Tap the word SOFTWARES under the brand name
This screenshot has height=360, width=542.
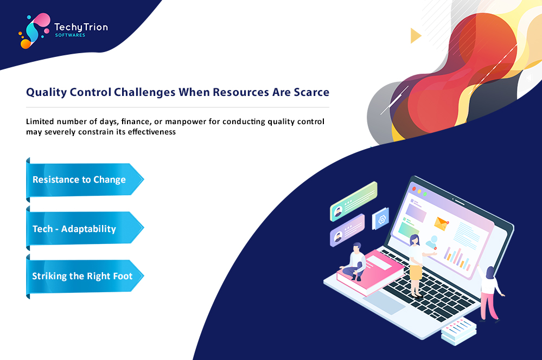(x=70, y=35)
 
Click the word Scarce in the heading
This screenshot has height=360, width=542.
(x=311, y=92)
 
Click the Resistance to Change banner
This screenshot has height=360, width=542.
(x=85, y=179)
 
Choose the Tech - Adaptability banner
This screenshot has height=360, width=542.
(x=85, y=228)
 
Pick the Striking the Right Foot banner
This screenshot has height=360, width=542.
(x=85, y=276)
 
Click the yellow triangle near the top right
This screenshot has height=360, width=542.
(x=416, y=36)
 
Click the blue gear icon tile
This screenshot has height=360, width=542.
(x=380, y=218)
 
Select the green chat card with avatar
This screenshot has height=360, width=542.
(x=354, y=201)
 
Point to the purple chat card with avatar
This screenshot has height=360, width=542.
(x=347, y=230)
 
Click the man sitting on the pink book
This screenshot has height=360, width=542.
(x=355, y=261)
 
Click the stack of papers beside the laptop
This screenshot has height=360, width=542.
(x=458, y=331)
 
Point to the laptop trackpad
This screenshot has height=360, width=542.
(x=384, y=303)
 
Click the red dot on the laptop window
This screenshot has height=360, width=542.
(x=414, y=189)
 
